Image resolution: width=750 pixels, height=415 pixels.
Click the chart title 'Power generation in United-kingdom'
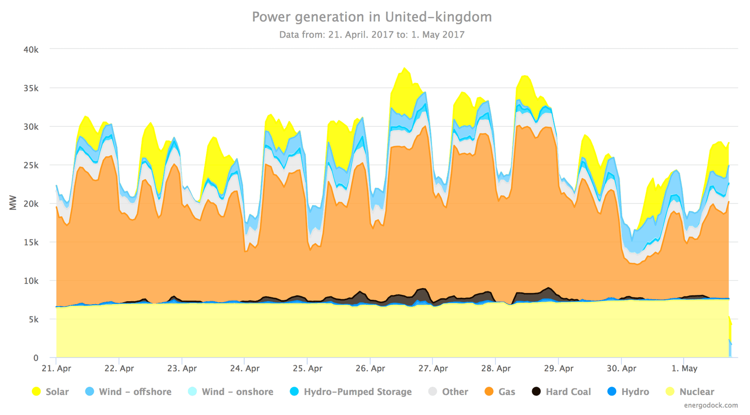372,17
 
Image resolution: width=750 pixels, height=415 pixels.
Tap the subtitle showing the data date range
372,35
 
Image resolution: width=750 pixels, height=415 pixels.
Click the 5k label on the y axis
32,320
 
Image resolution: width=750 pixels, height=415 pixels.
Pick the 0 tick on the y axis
36,358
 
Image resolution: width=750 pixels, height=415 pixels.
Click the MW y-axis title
13,203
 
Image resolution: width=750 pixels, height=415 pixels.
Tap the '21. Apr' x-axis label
57,369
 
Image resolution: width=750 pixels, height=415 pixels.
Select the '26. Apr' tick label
370,369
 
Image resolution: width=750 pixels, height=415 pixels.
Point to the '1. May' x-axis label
685,369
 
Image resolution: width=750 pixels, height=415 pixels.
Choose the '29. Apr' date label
559,369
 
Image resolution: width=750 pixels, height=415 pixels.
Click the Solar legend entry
50,392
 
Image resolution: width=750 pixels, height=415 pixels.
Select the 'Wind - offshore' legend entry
128,392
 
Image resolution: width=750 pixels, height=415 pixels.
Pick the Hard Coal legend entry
562,392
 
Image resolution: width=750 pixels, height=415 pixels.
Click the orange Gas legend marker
489,392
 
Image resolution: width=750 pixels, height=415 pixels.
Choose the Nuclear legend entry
690,392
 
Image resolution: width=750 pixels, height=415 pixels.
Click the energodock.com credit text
710,405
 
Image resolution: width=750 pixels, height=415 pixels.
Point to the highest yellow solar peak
404,69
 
